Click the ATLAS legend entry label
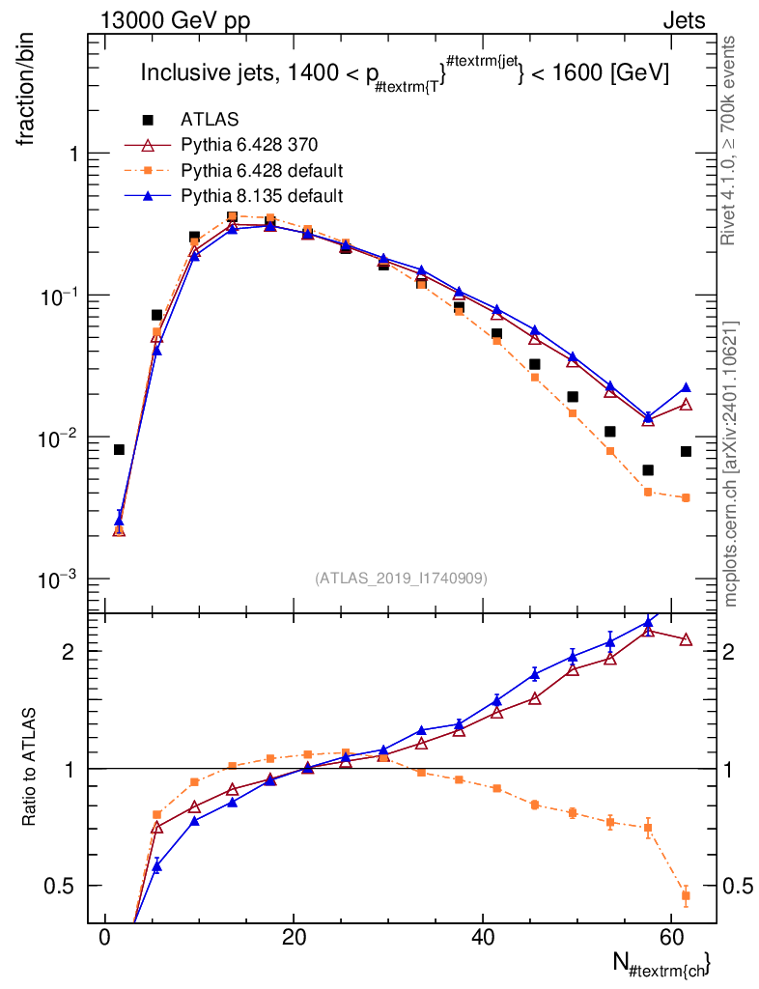(210, 119)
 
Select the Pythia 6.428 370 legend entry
(249, 145)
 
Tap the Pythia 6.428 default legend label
(262, 171)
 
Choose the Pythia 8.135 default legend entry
(262, 196)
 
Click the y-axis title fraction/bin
(26, 91)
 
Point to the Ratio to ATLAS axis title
(28, 767)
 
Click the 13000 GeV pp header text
(175, 21)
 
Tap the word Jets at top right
(684, 21)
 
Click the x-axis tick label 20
(294, 937)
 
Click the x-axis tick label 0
(105, 937)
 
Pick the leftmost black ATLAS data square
(119, 450)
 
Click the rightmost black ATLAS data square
(686, 452)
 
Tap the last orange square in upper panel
(686, 497)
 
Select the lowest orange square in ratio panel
(686, 895)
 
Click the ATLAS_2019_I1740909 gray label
(401, 579)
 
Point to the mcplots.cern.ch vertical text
(730, 465)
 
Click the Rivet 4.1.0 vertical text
(728, 141)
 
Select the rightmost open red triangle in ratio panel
(686, 639)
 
